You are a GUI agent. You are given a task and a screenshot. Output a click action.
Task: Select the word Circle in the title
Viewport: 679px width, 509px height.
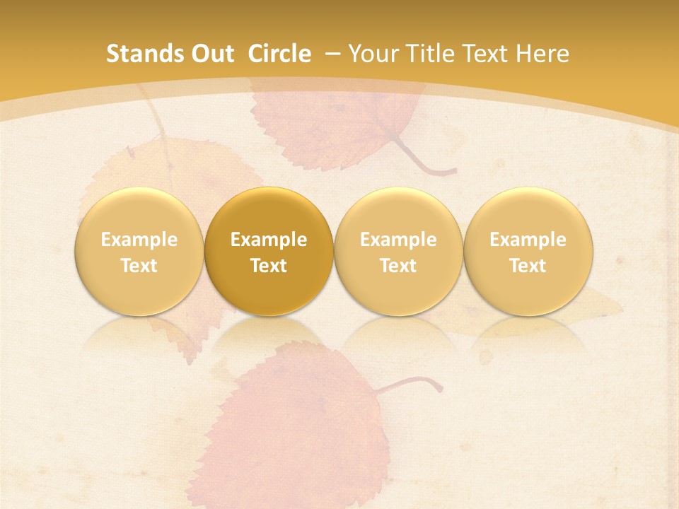(x=279, y=54)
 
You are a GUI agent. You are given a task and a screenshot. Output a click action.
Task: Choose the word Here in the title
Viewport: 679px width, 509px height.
(x=542, y=54)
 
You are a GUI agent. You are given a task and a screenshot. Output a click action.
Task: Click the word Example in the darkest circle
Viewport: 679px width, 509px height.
(x=269, y=240)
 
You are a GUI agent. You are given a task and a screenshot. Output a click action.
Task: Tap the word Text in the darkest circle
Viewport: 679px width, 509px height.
(x=269, y=266)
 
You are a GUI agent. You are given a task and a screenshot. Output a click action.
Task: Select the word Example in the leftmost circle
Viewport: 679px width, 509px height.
(x=139, y=240)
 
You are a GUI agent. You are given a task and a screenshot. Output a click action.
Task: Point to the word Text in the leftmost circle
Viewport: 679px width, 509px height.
(x=139, y=266)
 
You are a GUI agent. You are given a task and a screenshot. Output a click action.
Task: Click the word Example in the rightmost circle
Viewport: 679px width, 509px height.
(x=528, y=240)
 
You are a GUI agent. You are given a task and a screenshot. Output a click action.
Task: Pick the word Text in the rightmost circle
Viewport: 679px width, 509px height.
(x=528, y=266)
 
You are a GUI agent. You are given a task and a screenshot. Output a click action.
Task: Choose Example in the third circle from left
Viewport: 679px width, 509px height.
(x=398, y=240)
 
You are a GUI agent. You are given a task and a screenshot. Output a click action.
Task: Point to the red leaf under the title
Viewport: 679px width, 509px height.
(x=332, y=127)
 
